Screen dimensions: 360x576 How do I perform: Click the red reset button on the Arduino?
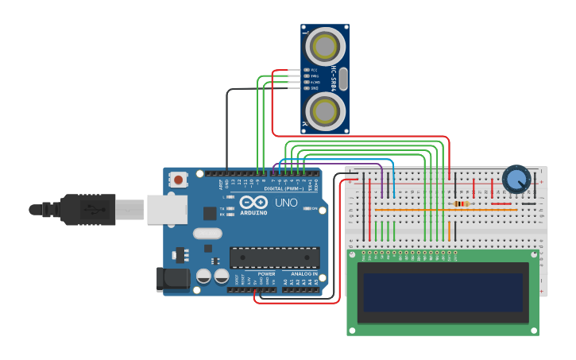(x=178, y=180)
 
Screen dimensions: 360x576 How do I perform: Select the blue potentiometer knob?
(x=516, y=179)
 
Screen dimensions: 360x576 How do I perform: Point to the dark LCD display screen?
(x=443, y=292)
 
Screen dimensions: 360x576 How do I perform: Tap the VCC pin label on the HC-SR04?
(x=314, y=70)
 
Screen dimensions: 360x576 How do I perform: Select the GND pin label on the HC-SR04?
(x=314, y=87)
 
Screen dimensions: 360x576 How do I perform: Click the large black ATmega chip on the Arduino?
(x=275, y=257)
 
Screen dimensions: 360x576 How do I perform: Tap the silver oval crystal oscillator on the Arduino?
(x=207, y=234)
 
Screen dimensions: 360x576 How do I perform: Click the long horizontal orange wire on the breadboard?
(x=445, y=211)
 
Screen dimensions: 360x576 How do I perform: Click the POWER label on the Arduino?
(x=266, y=274)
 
